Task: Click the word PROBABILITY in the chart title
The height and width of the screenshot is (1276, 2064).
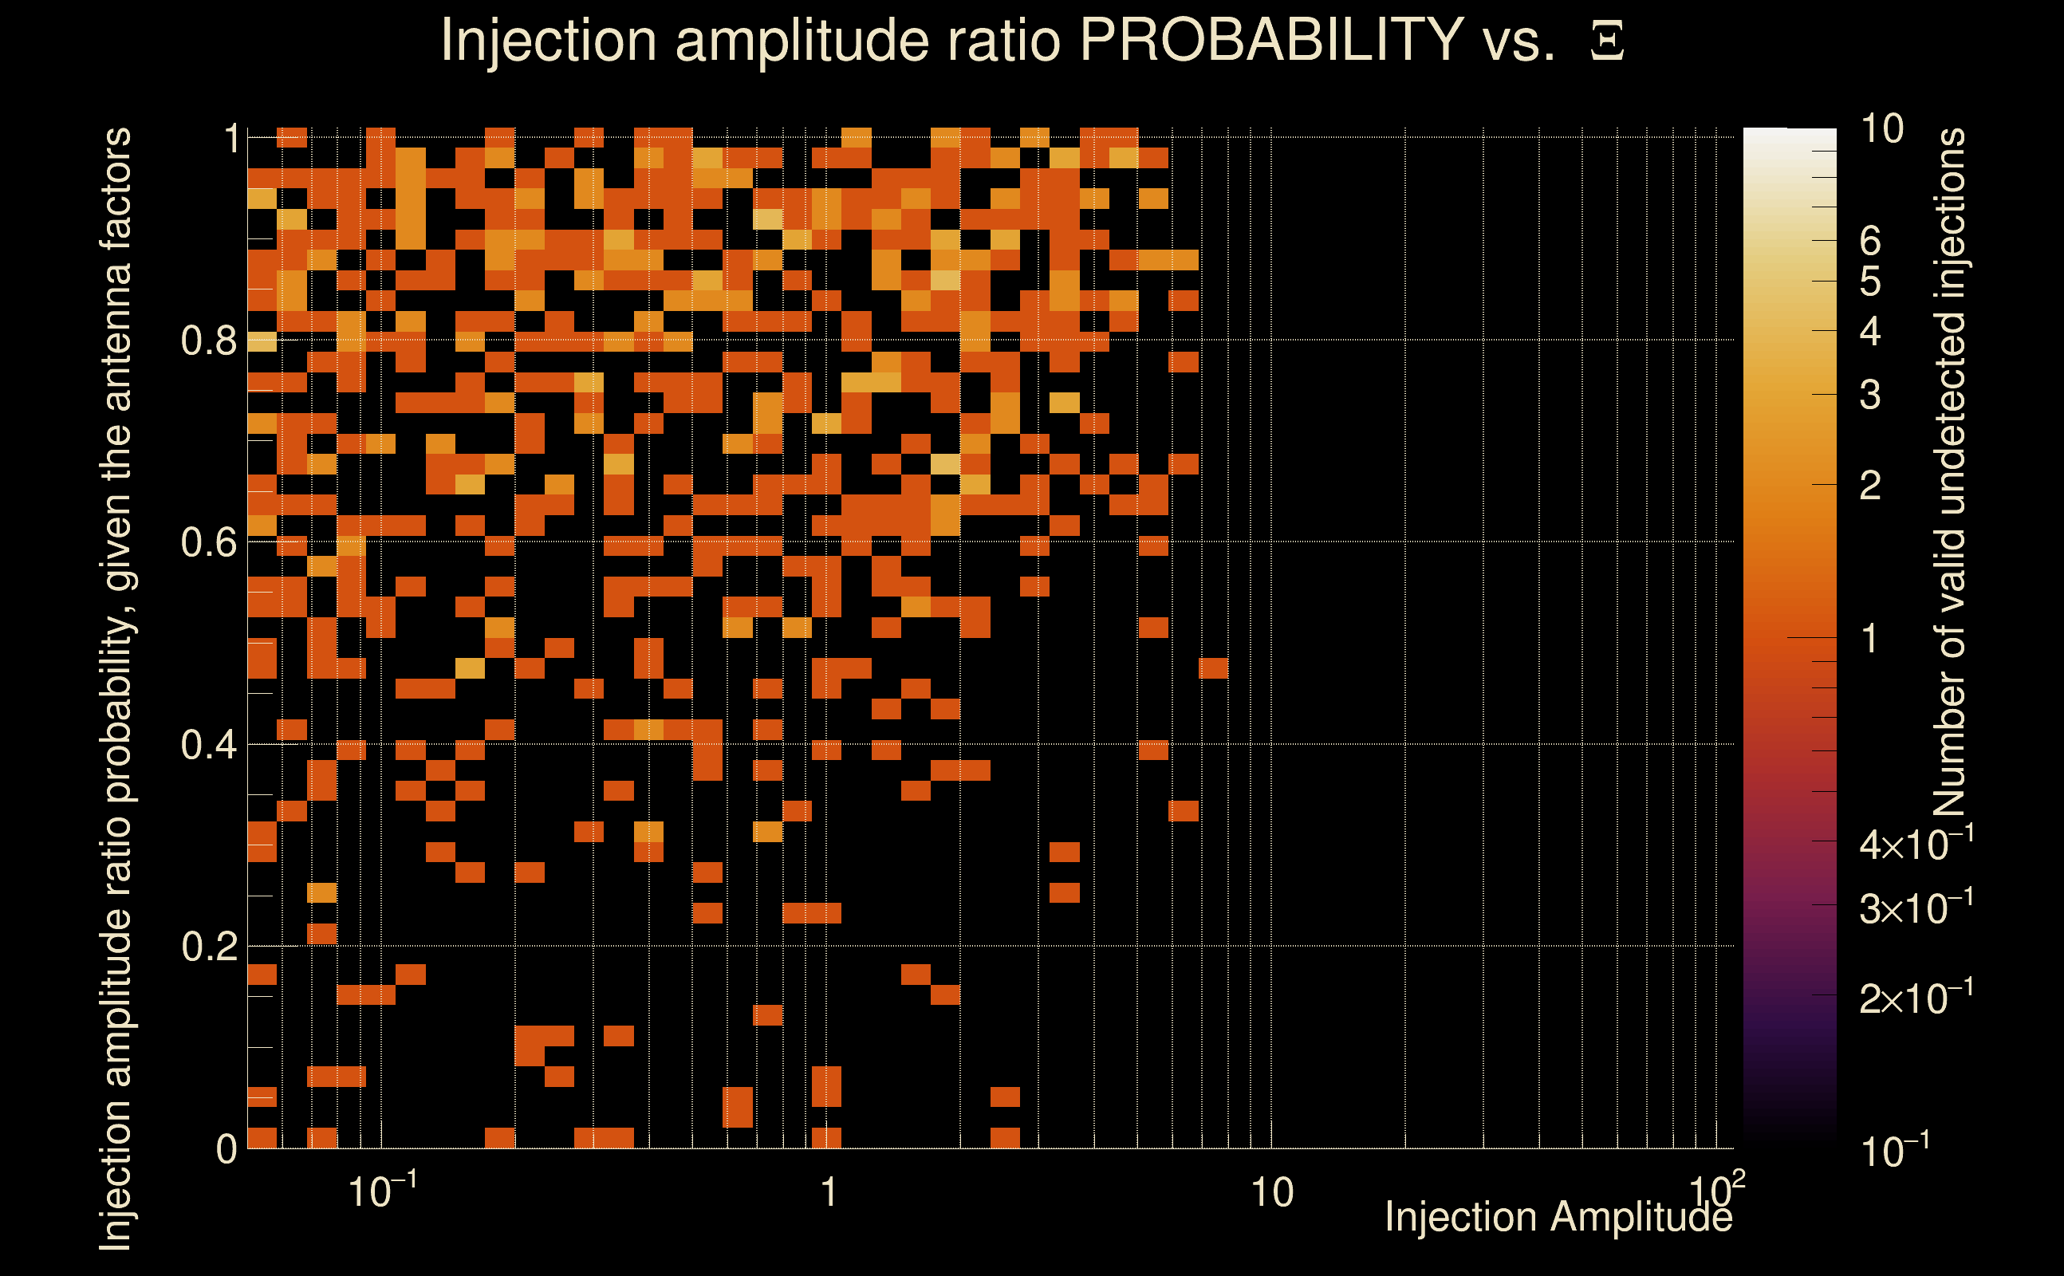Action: pyautogui.click(x=1271, y=40)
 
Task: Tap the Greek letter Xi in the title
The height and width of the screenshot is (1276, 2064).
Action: pyautogui.click(x=1607, y=41)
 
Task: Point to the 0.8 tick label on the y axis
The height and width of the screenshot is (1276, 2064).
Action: pyautogui.click(x=208, y=341)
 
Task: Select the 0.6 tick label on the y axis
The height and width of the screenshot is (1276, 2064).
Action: pyautogui.click(x=208, y=542)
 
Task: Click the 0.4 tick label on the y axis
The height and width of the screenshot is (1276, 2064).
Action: pyautogui.click(x=208, y=745)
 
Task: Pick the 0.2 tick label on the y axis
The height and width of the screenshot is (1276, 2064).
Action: pyautogui.click(x=208, y=947)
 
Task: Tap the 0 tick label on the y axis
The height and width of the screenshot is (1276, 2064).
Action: pyautogui.click(x=226, y=1149)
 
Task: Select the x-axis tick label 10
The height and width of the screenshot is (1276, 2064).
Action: pyautogui.click(x=1270, y=1193)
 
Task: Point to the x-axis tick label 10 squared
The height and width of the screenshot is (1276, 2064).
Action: pyautogui.click(x=1716, y=1190)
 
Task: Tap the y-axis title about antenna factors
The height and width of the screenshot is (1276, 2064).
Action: pyautogui.click(x=116, y=687)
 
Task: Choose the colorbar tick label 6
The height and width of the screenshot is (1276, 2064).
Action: pyautogui.click(x=1869, y=242)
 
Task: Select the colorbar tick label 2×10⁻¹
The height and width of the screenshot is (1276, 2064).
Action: pyautogui.click(x=1916, y=998)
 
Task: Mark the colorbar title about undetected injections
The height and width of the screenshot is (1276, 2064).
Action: pyautogui.click(x=1949, y=473)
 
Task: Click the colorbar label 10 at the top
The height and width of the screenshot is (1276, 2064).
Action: pyautogui.click(x=1881, y=129)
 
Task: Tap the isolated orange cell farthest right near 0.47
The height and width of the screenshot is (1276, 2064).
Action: pyautogui.click(x=1213, y=668)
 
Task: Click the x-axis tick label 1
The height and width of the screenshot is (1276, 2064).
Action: pyautogui.click(x=829, y=1193)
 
